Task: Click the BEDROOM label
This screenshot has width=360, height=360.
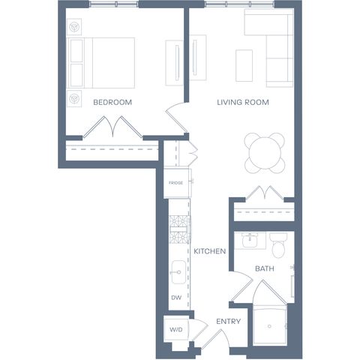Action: pos(112,102)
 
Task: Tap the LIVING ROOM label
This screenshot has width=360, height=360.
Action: pos(243,102)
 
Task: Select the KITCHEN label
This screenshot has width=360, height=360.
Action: pos(210,251)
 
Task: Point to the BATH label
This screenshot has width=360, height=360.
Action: pos(265,268)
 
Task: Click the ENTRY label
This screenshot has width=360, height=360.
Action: pos(229,321)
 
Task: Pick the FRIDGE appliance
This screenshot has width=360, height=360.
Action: pos(177,183)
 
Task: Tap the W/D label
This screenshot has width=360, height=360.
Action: pos(176,330)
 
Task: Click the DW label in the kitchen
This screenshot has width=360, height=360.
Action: pos(176,298)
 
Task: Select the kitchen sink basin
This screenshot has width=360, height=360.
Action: pos(178,272)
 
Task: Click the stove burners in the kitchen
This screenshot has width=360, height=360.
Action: pos(179,229)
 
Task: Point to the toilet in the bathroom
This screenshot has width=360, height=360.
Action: pos(278,245)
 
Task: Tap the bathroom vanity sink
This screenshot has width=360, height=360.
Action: pos(250,240)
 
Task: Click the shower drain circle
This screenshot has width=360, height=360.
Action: pos(269,326)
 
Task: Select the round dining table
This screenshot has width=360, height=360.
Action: pos(265,153)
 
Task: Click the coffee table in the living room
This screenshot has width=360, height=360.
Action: pos(244,65)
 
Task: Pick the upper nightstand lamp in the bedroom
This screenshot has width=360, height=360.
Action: pos(74,27)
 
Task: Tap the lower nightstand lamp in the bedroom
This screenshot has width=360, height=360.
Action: pos(74,98)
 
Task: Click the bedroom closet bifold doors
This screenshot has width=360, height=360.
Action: pos(113,127)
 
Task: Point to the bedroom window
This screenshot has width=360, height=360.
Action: pos(114,4)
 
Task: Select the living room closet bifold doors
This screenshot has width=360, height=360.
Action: pos(265,193)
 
